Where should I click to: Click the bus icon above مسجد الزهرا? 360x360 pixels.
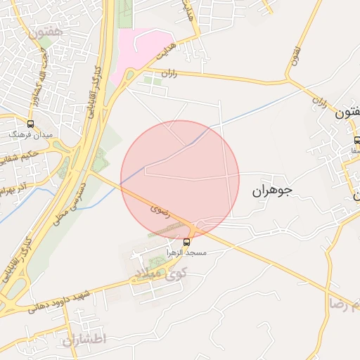(x=186, y=241)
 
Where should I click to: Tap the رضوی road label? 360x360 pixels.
(x=156, y=210)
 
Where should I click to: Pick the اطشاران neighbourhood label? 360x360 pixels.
(x=83, y=340)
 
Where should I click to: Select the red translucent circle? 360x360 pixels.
(x=180, y=179)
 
